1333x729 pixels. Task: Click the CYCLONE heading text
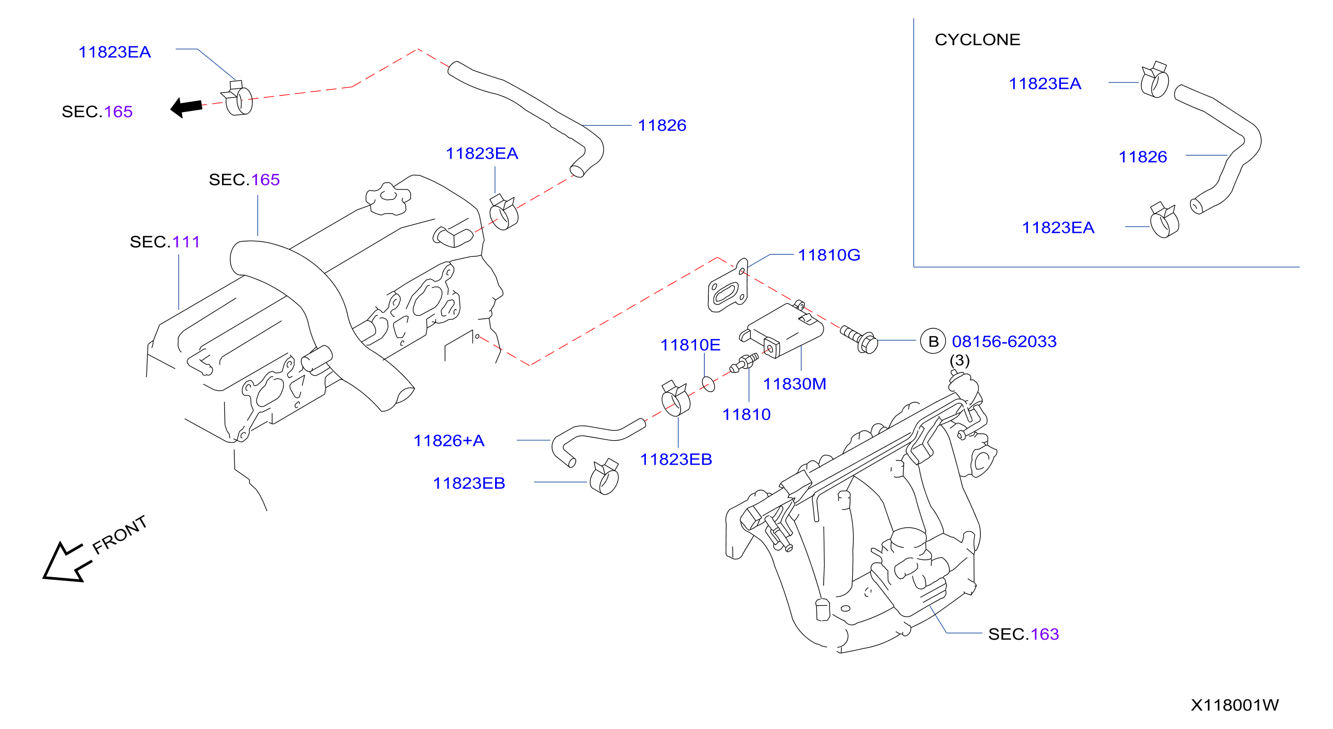[977, 40]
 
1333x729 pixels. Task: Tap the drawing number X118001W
[1235, 704]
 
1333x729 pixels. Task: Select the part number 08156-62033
[1004, 341]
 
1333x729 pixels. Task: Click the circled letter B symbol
[933, 341]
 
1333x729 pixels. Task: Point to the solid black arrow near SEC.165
[186, 107]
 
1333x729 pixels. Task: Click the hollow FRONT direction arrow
[66, 563]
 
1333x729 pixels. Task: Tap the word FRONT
[119, 534]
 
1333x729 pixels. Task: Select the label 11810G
[829, 254]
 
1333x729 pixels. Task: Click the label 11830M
[794, 384]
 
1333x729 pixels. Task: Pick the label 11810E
[690, 345]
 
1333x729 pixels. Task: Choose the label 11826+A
[448, 440]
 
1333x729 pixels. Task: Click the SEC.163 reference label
[1024, 634]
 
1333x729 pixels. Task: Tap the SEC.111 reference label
[165, 242]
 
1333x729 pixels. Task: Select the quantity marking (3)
[959, 360]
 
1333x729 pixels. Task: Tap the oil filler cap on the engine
[388, 198]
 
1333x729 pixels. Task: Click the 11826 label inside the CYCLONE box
[1142, 157]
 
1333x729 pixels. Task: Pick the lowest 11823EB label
[469, 483]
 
